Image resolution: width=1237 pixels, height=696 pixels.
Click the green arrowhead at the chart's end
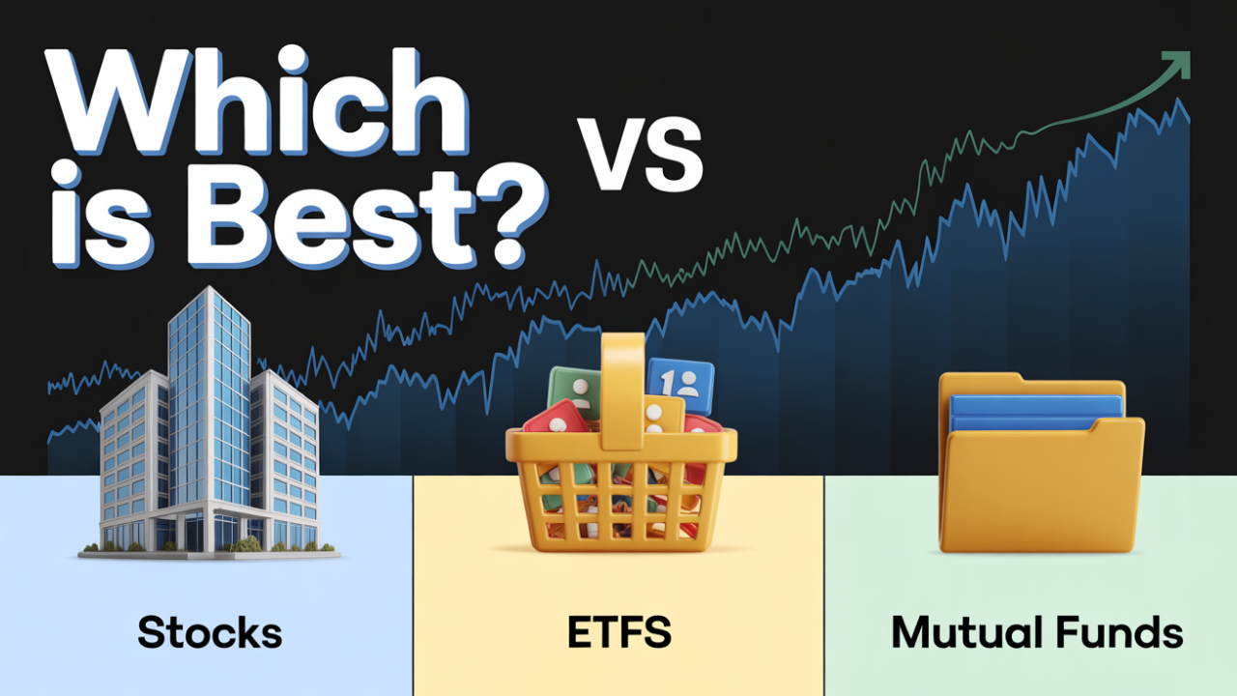click(1178, 65)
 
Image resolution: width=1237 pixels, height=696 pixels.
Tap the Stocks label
click(210, 634)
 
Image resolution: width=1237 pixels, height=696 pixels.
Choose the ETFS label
click(619, 634)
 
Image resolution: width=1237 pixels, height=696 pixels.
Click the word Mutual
click(972, 634)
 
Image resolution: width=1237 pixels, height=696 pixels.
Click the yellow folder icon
click(1042, 488)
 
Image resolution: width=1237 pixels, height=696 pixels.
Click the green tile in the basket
click(576, 392)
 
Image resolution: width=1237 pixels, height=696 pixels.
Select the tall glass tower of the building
click(209, 387)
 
